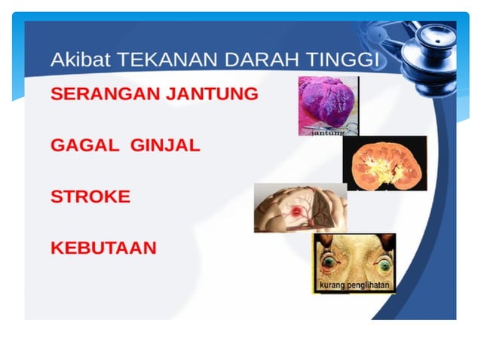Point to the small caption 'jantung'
pyautogui.click(x=328, y=133)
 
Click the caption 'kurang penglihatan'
pyautogui.click(x=353, y=287)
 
